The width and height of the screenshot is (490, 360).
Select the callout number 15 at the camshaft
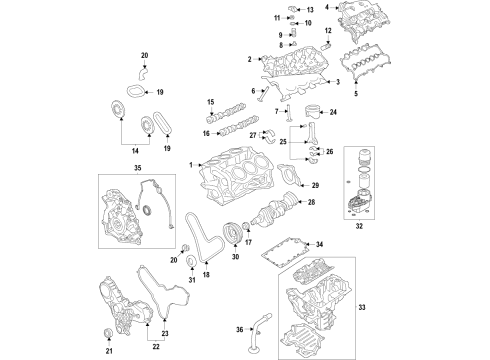pos(211,102)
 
